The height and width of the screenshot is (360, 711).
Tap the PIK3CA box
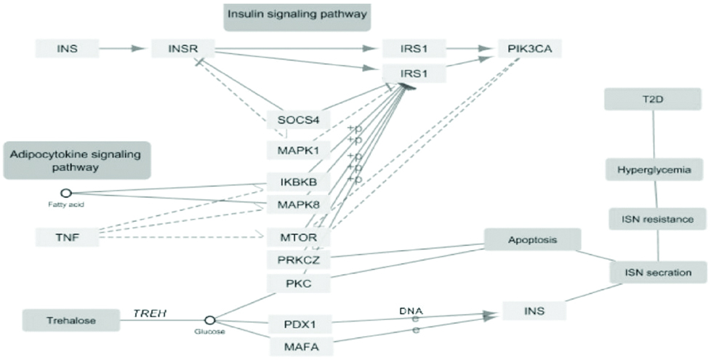tap(529, 49)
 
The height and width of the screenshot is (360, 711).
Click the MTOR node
tap(298, 238)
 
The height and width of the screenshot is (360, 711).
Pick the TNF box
tap(67, 237)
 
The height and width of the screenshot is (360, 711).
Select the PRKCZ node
tap(298, 260)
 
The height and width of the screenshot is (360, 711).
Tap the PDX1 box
tap(298, 323)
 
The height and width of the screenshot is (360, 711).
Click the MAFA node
tap(298, 345)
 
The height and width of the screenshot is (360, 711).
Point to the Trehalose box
tap(71, 319)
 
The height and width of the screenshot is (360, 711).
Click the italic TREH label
tap(150, 313)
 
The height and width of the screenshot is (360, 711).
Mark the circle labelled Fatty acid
tap(65, 193)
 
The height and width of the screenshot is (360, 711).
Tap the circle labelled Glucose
tap(210, 319)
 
